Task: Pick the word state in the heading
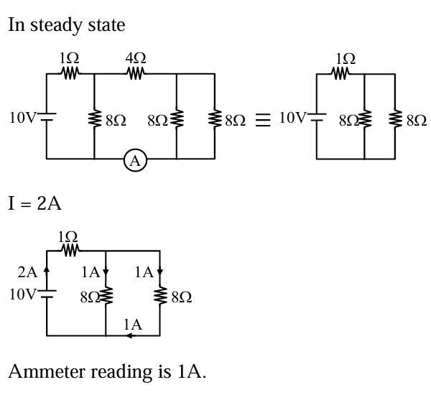pos(106,25)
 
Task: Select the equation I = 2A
pos(34,203)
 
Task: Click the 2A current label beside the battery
pos(27,272)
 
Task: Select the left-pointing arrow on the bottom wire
pos(127,335)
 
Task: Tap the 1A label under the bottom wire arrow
pos(132,325)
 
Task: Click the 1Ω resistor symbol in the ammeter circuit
pos(70,73)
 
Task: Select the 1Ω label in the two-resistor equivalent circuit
pos(345,58)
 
